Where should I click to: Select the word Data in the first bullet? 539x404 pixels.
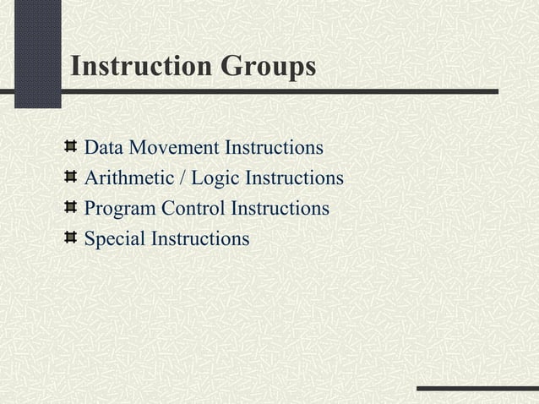[101, 150]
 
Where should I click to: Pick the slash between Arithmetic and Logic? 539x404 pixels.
[182, 179]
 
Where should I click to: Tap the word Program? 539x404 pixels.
[117, 209]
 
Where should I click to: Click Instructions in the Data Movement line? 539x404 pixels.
[273, 150]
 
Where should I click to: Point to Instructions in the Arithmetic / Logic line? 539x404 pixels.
[292, 179]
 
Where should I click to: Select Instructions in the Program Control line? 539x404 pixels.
[280, 209]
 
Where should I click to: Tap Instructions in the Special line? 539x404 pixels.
[199, 239]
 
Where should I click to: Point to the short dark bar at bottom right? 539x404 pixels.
[477, 389]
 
